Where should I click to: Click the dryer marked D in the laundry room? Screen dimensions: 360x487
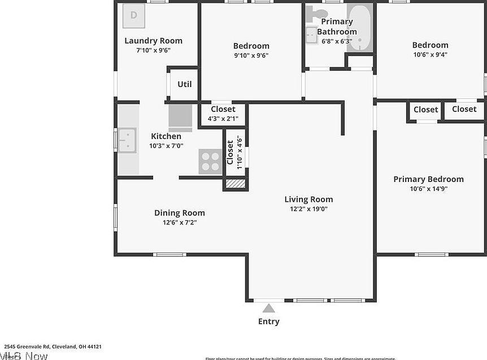pos(134,15)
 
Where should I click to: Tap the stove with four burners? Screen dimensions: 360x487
pos(210,161)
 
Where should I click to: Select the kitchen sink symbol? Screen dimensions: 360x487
pos(127,140)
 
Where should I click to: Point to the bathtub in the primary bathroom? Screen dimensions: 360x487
pos(359,27)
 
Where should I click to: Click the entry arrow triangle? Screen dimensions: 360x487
pos(269,308)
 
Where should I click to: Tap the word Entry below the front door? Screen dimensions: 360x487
pos(269,322)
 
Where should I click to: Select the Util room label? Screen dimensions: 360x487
pos(185,84)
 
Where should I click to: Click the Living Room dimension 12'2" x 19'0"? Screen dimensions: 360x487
pos(308,209)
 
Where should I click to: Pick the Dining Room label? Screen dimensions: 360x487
pos(180,213)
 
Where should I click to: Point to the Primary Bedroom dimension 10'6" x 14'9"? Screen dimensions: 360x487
pos(428,189)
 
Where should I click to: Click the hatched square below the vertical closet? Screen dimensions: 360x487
pos(234,183)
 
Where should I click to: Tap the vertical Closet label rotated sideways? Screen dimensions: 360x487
pos(231,152)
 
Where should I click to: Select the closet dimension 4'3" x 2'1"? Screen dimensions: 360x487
pos(223,119)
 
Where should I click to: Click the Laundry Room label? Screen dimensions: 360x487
pos(153,41)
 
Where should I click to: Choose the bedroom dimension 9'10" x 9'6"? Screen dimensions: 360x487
pos(251,55)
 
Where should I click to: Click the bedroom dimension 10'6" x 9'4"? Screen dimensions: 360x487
pos(430,54)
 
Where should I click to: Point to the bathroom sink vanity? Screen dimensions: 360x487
pos(311,36)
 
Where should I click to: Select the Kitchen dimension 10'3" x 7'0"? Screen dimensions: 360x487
pos(166,146)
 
